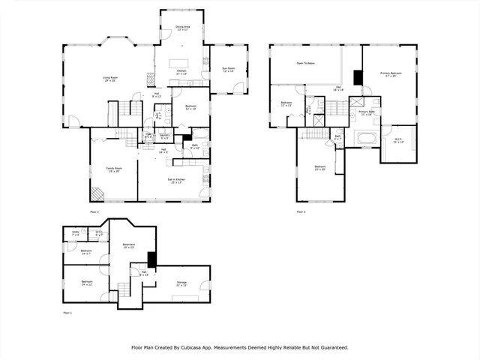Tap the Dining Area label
point(182,28)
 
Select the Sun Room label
point(228,70)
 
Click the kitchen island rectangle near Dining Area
point(178,63)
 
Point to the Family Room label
point(113,169)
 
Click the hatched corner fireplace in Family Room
point(97,193)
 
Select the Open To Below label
point(305,64)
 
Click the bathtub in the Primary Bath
point(367,137)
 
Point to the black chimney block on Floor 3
point(357,76)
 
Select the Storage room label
point(181,283)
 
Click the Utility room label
point(76,233)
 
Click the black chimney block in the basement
point(151,259)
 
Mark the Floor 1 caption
point(67,312)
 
